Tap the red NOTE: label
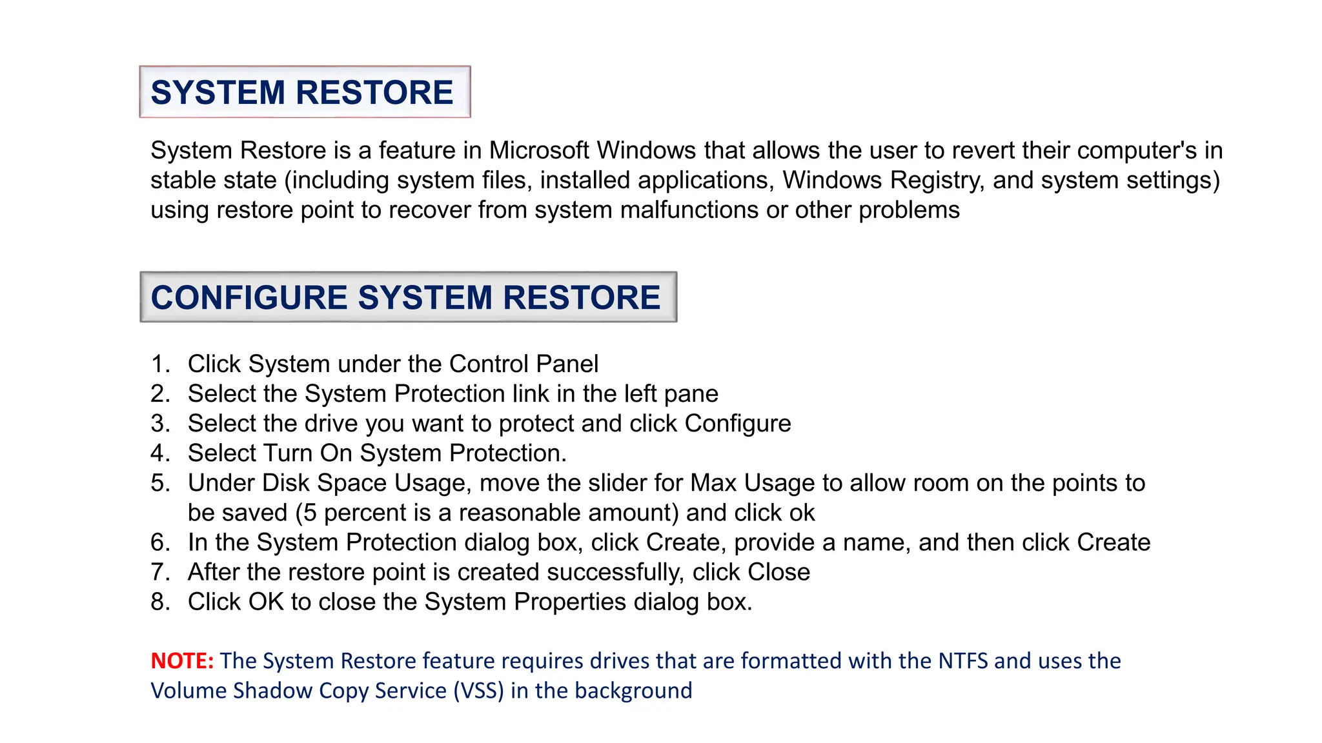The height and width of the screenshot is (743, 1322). (x=182, y=661)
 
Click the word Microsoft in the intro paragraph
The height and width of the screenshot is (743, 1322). (x=539, y=150)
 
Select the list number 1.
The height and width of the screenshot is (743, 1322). (x=159, y=364)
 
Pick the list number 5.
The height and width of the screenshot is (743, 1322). (x=159, y=483)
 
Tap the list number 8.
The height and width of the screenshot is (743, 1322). (x=159, y=602)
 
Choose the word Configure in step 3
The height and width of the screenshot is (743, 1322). (x=737, y=424)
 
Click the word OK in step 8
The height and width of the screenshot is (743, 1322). (x=266, y=602)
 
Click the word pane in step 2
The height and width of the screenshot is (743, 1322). (x=694, y=394)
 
